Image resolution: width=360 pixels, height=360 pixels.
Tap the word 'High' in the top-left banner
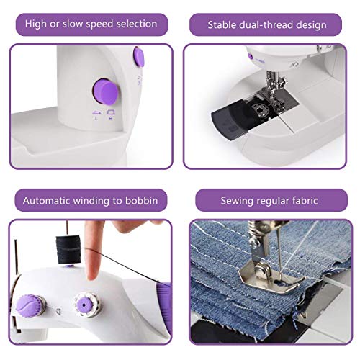coord(37,24)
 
